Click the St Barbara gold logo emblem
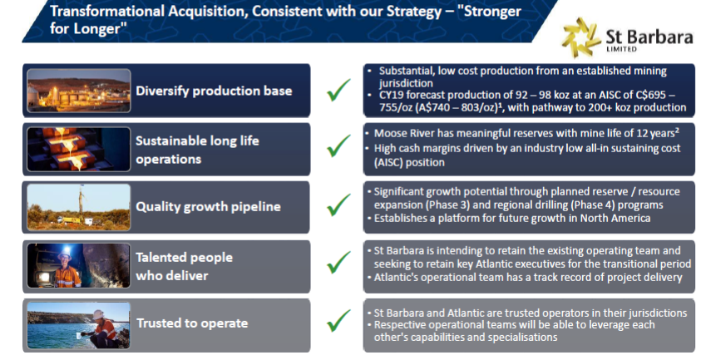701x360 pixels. [x=581, y=38]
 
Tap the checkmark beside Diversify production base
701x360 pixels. [x=338, y=90]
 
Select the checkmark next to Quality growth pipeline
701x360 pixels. [x=338, y=205]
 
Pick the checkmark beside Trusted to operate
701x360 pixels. [x=338, y=320]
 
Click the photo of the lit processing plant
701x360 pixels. [x=79, y=91]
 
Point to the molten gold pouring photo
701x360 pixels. [x=79, y=150]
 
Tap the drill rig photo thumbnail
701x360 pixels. [x=79, y=207]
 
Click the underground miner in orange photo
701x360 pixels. [x=79, y=266]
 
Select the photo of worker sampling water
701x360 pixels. [x=79, y=325]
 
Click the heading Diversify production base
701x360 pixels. [x=214, y=91]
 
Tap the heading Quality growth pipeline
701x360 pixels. [x=209, y=207]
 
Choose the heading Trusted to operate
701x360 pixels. [x=192, y=323]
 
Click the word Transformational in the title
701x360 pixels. [x=106, y=11]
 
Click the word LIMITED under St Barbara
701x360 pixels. [x=621, y=49]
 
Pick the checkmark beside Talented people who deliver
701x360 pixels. [x=338, y=262]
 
